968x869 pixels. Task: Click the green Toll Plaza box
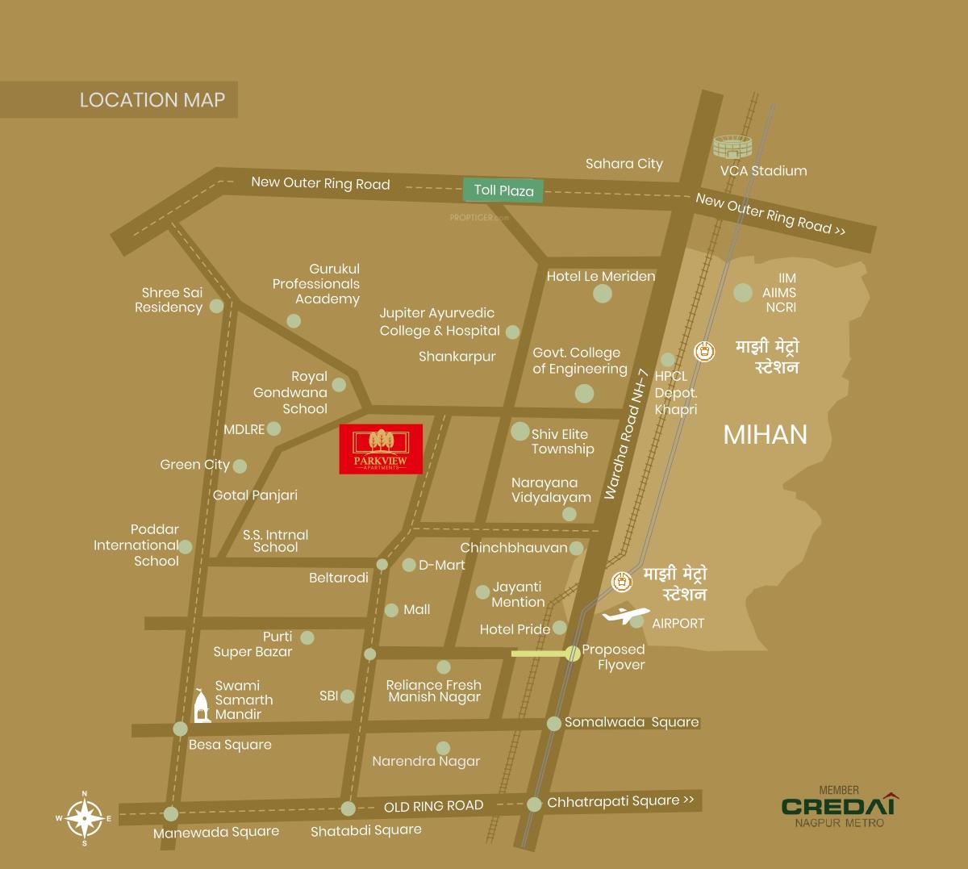[503, 190]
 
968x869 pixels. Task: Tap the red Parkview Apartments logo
[381, 449]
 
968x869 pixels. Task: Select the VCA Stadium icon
[732, 146]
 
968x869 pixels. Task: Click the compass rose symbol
[84, 818]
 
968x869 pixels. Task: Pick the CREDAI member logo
[839, 806]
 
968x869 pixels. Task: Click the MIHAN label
[765, 435]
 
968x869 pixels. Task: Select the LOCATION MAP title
[152, 100]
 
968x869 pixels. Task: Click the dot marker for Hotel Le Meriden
[603, 294]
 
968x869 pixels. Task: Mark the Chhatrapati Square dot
[534, 804]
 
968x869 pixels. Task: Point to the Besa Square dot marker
[180, 729]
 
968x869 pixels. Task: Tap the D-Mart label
[441, 565]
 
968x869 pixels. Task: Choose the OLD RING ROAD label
[433, 806]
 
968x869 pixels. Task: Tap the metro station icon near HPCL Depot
[705, 352]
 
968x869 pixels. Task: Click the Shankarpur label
[457, 356]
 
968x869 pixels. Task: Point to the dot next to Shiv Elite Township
[520, 432]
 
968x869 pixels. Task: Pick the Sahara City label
[624, 164]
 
